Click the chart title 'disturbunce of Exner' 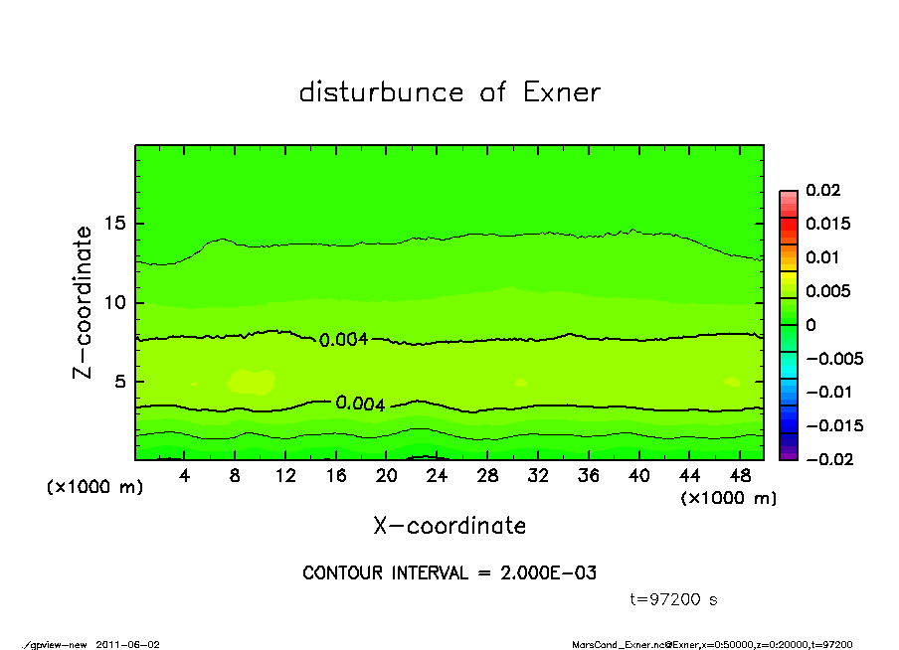point(449,92)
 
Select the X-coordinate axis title point(449,525)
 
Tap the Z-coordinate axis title point(84,302)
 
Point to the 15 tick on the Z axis point(117,224)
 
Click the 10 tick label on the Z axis point(117,302)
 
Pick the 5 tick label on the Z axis point(122,381)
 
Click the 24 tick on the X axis point(437,476)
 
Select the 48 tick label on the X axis point(739,476)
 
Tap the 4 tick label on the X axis point(185,476)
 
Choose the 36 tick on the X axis point(588,476)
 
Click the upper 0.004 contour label point(344,340)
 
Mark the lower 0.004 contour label point(360,404)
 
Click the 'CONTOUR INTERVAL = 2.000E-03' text point(449,573)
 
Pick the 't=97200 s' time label point(674,599)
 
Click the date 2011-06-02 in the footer point(127,644)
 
